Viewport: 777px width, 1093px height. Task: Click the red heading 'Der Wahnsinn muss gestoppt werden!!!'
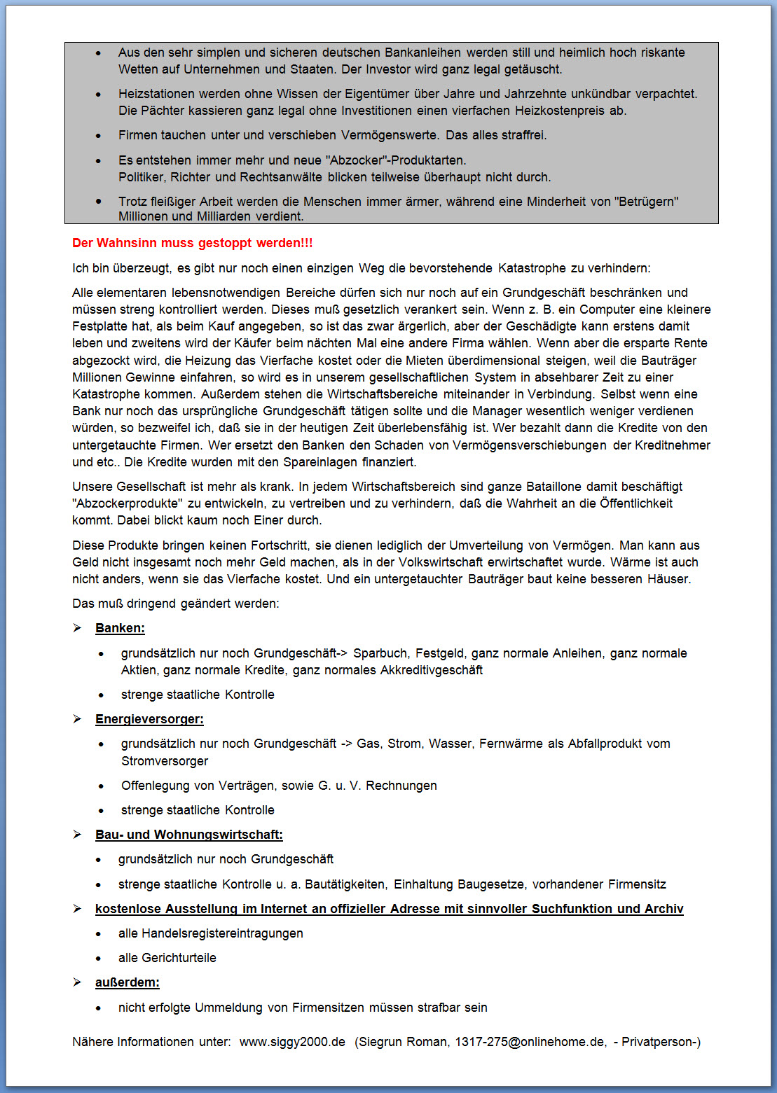point(193,243)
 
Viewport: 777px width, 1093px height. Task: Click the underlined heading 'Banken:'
point(120,628)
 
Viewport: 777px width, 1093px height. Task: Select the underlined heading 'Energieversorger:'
point(149,719)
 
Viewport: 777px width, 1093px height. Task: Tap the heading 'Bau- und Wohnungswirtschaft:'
point(188,835)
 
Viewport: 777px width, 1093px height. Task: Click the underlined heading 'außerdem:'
point(127,982)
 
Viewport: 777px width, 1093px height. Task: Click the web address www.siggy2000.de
point(292,1042)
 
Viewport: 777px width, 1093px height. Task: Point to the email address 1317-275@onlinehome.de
point(530,1042)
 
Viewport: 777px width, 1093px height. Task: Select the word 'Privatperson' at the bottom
point(658,1042)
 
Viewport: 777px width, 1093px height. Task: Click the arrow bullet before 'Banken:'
point(78,628)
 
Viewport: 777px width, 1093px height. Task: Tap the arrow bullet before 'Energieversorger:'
point(78,719)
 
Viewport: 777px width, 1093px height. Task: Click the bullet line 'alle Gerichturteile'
point(167,958)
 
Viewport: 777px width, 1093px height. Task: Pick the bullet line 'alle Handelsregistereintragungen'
point(210,933)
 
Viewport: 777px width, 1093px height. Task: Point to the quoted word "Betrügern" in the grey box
point(646,202)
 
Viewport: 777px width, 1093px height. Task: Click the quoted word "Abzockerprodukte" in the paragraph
point(128,503)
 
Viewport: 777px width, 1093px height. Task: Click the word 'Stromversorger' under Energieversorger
point(165,761)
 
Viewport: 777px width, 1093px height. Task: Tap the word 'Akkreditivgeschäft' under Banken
point(432,670)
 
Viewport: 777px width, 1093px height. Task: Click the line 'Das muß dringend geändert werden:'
point(175,604)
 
